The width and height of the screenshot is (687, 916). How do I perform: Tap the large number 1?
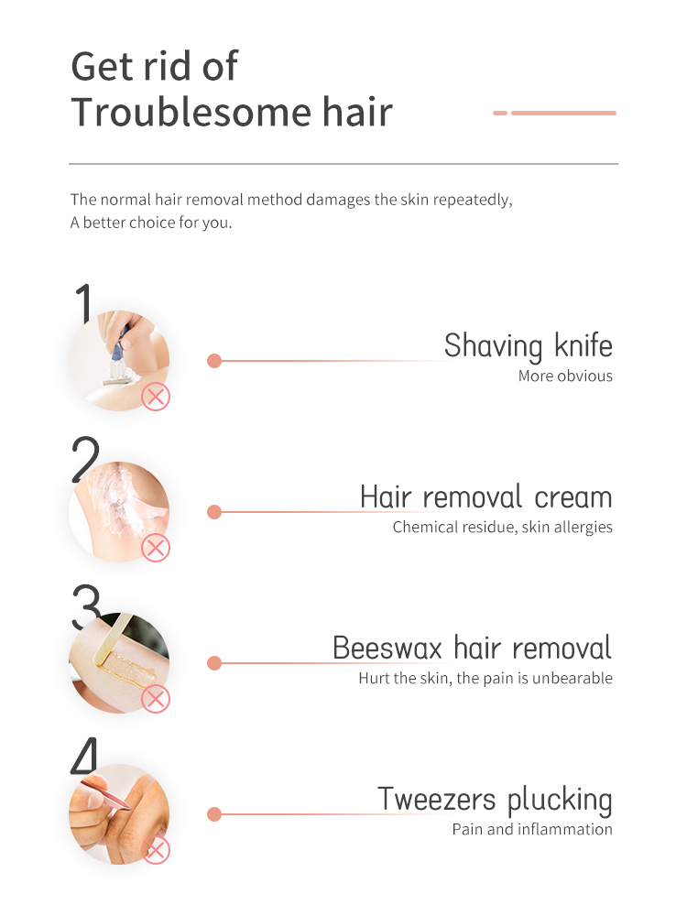tap(84, 302)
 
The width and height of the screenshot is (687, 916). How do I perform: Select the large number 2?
tap(85, 459)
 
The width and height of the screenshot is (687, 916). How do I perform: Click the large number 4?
tap(84, 756)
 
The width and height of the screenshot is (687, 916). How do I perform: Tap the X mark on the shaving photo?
tap(156, 398)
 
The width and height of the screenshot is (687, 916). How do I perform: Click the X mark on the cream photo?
tap(156, 548)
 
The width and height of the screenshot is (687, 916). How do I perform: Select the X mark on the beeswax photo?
tap(156, 699)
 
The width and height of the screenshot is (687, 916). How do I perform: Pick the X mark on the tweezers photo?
tap(156, 850)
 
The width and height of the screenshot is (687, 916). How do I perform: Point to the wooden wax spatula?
tap(112, 638)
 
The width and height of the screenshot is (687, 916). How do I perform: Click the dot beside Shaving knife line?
tap(214, 361)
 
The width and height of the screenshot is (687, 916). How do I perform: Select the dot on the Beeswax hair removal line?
tap(214, 663)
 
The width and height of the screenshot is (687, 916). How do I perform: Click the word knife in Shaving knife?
tap(583, 344)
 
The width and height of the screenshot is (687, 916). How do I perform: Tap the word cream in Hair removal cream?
tap(573, 497)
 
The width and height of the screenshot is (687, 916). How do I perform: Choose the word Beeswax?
tap(387, 648)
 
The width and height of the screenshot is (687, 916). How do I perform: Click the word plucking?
tap(560, 801)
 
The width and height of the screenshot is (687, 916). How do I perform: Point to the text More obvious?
tap(565, 376)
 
